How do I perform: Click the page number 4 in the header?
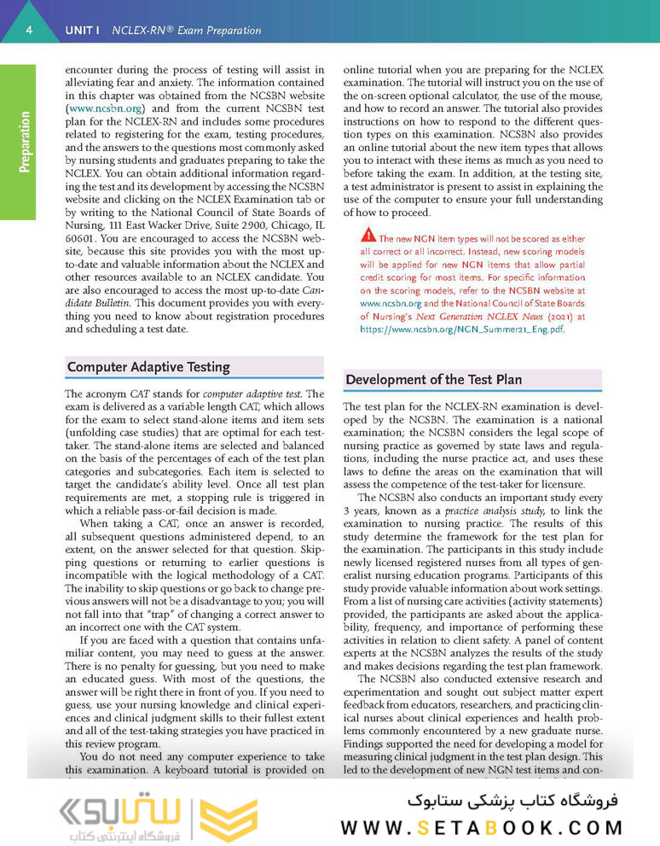[29, 31]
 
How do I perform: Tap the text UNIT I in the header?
[82, 31]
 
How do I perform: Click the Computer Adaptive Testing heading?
[148, 367]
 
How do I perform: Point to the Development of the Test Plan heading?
[433, 380]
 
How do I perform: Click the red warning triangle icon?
[368, 235]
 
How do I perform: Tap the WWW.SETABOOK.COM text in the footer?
[482, 826]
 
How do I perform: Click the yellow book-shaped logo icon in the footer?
[229, 816]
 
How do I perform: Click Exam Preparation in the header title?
[213, 31]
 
